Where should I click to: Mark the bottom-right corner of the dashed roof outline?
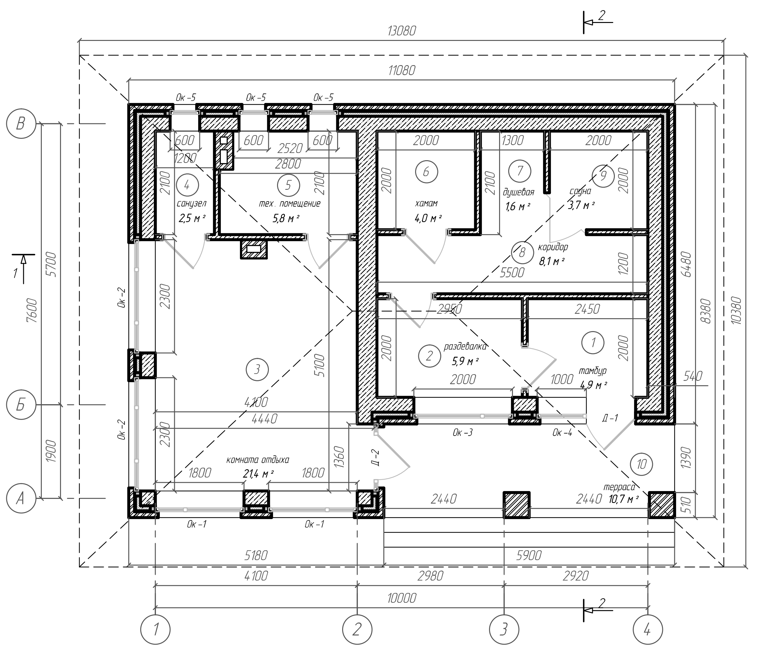pyautogui.click(x=724, y=567)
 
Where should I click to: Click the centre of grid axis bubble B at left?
pyautogui.click(x=21, y=124)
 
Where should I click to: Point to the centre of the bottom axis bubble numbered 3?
pyautogui.click(x=504, y=630)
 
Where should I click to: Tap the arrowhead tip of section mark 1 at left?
pyautogui.click(x=24, y=256)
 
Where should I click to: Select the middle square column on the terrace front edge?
pyautogui.click(x=517, y=505)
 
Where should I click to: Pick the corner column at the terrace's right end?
pyautogui.click(x=662, y=505)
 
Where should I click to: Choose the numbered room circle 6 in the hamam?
pyautogui.click(x=426, y=172)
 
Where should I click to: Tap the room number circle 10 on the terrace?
pyautogui.click(x=641, y=464)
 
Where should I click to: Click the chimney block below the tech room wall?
pyautogui.click(x=254, y=249)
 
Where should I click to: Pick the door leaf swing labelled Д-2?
pyautogui.click(x=392, y=450)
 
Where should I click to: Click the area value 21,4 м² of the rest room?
pyautogui.click(x=258, y=473)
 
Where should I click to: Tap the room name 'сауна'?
pyautogui.click(x=580, y=191)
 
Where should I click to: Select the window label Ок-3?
pyautogui.click(x=463, y=432)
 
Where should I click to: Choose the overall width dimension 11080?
pyautogui.click(x=402, y=70)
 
